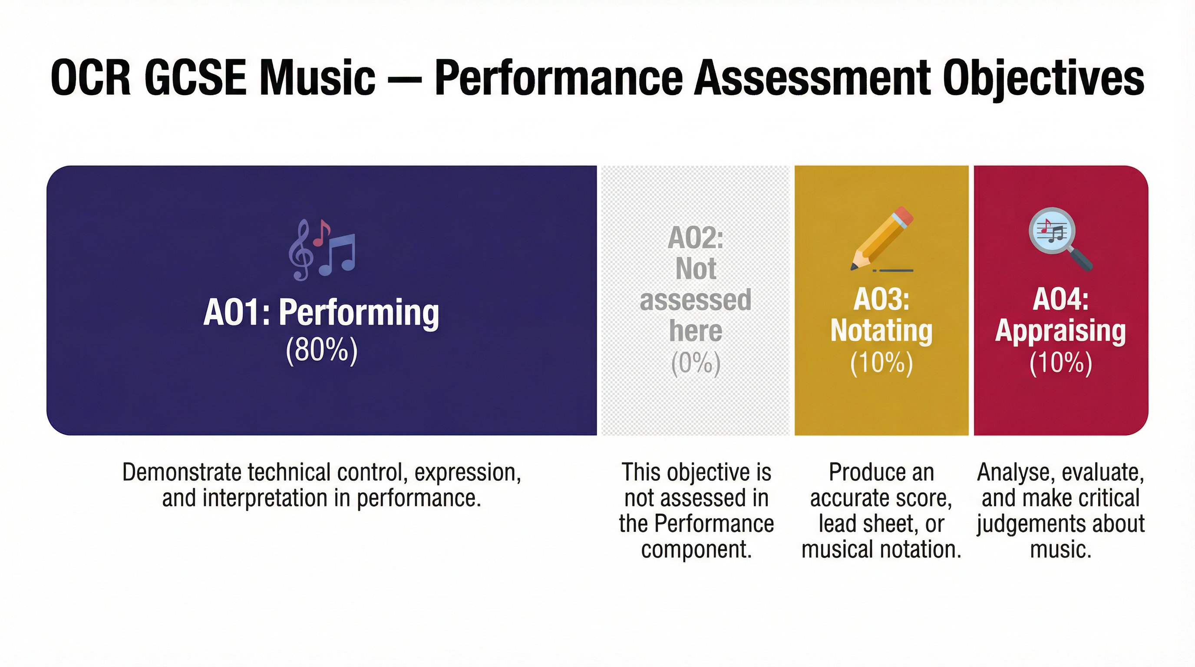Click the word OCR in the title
pyautogui.click(x=91, y=78)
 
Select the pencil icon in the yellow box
pyautogui.click(x=881, y=239)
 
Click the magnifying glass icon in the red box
pyautogui.click(x=1060, y=239)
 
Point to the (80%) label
pyautogui.click(x=321, y=350)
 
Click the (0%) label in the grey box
pyautogui.click(x=695, y=363)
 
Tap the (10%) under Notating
pyautogui.click(x=881, y=363)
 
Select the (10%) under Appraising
pyautogui.click(x=1060, y=363)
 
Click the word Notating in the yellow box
pyautogui.click(x=881, y=331)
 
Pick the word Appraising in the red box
pyautogui.click(x=1060, y=331)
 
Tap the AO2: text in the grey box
pyautogui.click(x=695, y=238)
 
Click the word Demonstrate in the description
pyautogui.click(x=182, y=472)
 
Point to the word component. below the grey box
pyautogui.click(x=696, y=549)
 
